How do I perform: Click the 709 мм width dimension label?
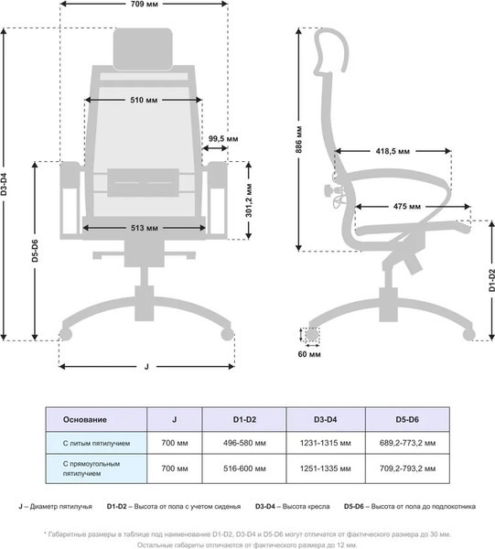coord(145,5)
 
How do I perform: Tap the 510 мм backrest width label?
coord(144,100)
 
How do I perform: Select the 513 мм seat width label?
coord(145,228)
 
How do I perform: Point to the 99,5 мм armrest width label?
coord(223,139)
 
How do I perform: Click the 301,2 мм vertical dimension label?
coord(249,200)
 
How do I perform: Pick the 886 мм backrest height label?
coord(298,139)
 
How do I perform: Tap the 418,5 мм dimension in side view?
coord(393,151)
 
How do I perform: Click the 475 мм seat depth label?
coord(407,207)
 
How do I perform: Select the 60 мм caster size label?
coord(309,354)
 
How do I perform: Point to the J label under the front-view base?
coord(146,367)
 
